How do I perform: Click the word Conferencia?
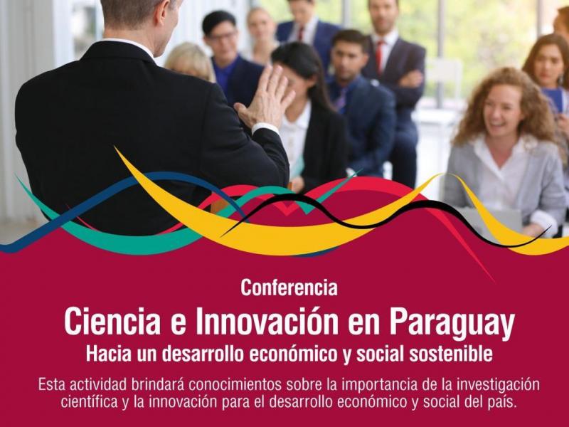(x=289, y=288)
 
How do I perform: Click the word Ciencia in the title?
(x=112, y=322)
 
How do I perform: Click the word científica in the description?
(x=90, y=402)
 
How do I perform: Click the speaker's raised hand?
(x=265, y=97)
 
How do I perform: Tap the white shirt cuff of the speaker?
(x=265, y=128)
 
